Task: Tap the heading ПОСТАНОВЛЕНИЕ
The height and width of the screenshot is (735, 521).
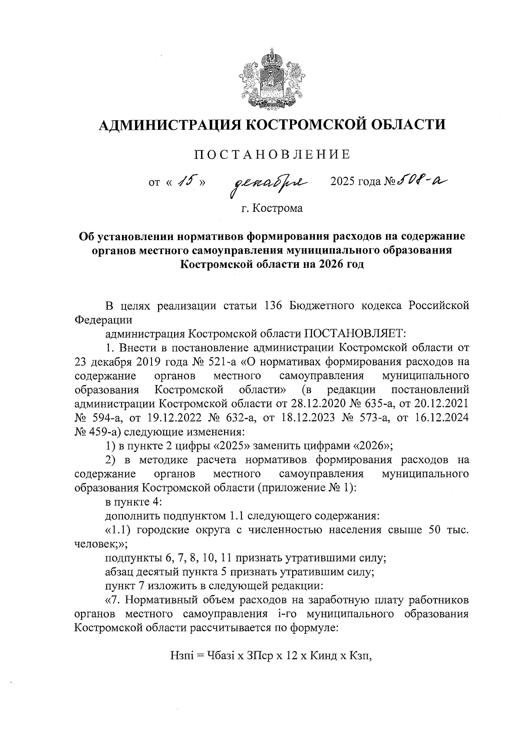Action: [x=272, y=154]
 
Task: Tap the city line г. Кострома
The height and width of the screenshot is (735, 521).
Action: [x=272, y=208]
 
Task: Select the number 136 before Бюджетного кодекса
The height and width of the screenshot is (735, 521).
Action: [x=274, y=306]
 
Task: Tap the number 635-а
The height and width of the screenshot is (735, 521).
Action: [x=375, y=404]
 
